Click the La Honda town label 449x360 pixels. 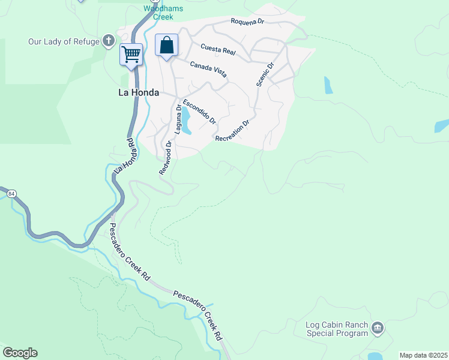click(138, 92)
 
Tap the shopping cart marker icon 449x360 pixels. click(131, 55)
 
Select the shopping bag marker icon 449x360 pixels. click(166, 46)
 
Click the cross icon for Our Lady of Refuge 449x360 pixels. click(108, 41)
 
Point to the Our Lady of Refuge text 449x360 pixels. click(64, 41)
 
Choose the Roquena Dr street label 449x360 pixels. click(249, 22)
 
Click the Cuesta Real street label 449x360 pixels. click(218, 49)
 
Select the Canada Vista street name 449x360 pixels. click(208, 69)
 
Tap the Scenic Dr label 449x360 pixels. click(265, 75)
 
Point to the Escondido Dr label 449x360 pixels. click(199, 112)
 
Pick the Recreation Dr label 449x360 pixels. click(232, 131)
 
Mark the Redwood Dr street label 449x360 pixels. click(166, 158)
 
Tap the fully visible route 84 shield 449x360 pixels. click(11, 194)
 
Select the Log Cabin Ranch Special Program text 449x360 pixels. click(337, 329)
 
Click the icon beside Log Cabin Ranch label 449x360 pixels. click(378, 328)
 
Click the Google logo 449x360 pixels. click(20, 353)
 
